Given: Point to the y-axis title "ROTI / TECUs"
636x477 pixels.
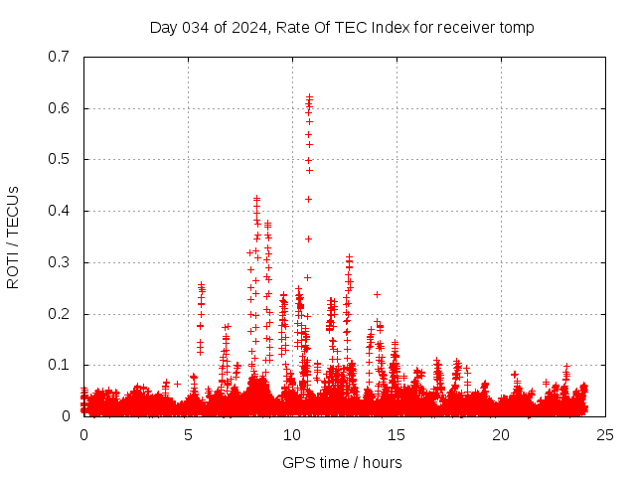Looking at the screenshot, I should (x=13, y=237).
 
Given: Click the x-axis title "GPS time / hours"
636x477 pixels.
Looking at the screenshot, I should (x=342, y=462).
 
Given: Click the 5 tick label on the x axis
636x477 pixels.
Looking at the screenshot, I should (x=188, y=435).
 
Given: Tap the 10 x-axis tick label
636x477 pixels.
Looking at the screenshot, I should (x=292, y=435).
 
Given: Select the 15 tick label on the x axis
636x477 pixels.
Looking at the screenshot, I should (x=397, y=435).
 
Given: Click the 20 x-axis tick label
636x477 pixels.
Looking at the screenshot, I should (x=501, y=435).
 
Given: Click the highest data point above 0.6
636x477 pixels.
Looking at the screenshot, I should (x=309, y=96).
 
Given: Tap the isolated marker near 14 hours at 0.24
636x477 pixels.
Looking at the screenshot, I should (x=377, y=293).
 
